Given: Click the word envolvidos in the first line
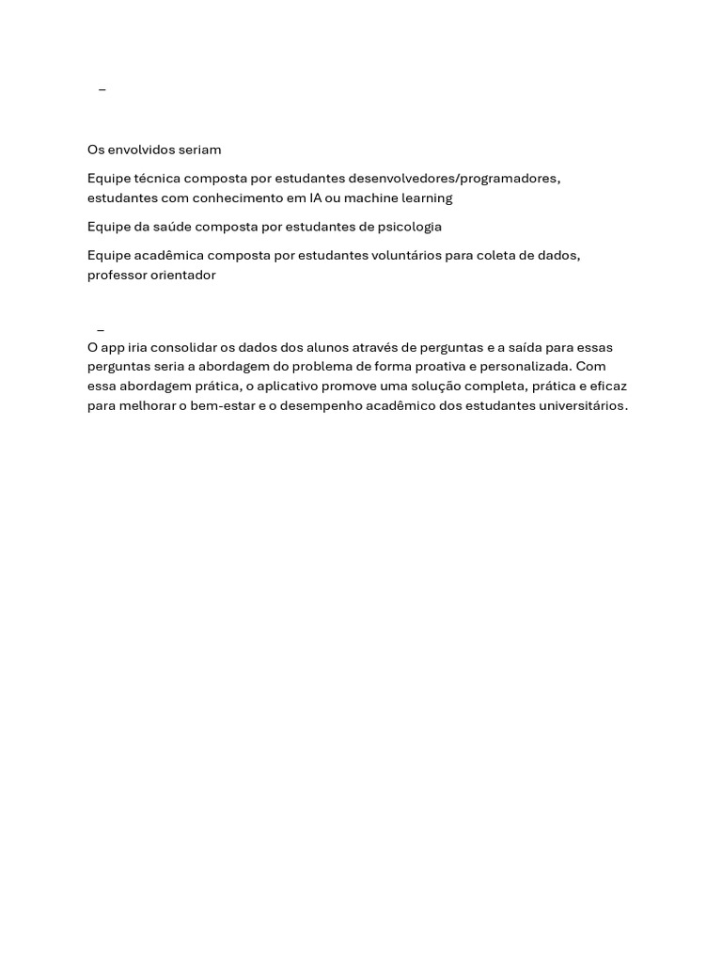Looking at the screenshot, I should coord(142,150).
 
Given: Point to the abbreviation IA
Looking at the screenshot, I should coord(315,198).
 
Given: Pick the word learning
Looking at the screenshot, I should coord(428,198).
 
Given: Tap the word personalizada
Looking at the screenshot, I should coord(526,367).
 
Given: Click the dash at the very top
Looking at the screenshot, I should coord(102,90).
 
